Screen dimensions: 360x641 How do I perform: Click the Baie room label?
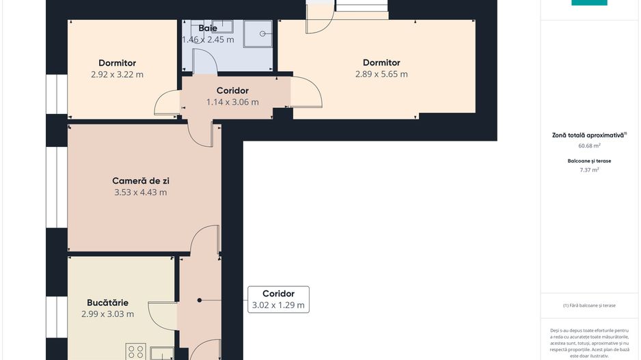point(208,29)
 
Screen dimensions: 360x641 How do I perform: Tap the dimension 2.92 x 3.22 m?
point(117,74)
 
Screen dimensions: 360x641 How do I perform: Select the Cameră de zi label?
point(141,181)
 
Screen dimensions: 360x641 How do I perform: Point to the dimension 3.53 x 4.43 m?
point(141,193)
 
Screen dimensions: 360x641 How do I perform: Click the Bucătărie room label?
point(107,303)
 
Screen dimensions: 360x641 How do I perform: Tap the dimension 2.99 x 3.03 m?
point(107,314)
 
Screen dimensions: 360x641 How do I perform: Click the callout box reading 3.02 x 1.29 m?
point(278,300)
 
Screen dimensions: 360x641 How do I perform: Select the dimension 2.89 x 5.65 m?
point(381,74)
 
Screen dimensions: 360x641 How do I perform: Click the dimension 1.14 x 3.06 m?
point(232,102)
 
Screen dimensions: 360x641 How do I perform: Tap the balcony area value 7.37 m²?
point(588,170)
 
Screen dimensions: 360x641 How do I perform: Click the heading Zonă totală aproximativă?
point(588,135)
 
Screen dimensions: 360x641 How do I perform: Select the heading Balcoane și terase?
point(588,161)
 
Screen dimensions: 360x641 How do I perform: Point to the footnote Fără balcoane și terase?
point(589,305)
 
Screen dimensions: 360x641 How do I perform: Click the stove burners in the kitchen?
point(135,352)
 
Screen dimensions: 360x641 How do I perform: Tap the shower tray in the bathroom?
point(259,33)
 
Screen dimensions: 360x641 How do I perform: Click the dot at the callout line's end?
point(200,300)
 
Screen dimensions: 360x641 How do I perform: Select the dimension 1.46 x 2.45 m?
point(208,40)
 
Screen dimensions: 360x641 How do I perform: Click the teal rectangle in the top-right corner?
point(589,3)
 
